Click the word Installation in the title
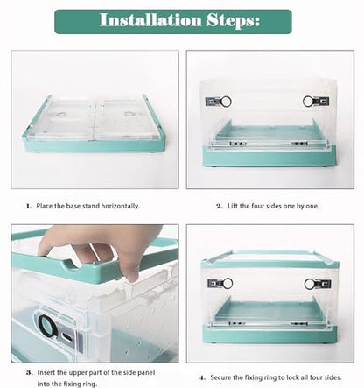coord(150,20)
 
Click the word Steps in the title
coord(234,20)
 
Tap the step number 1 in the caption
coord(29,206)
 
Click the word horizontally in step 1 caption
coord(121,206)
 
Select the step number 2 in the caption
coord(220,206)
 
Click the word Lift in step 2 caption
coord(233,206)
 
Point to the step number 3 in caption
coord(29,373)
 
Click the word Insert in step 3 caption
coord(45,372)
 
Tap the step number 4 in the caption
coord(203,377)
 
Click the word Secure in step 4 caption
coord(220,377)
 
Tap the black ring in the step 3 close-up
coord(46,326)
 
